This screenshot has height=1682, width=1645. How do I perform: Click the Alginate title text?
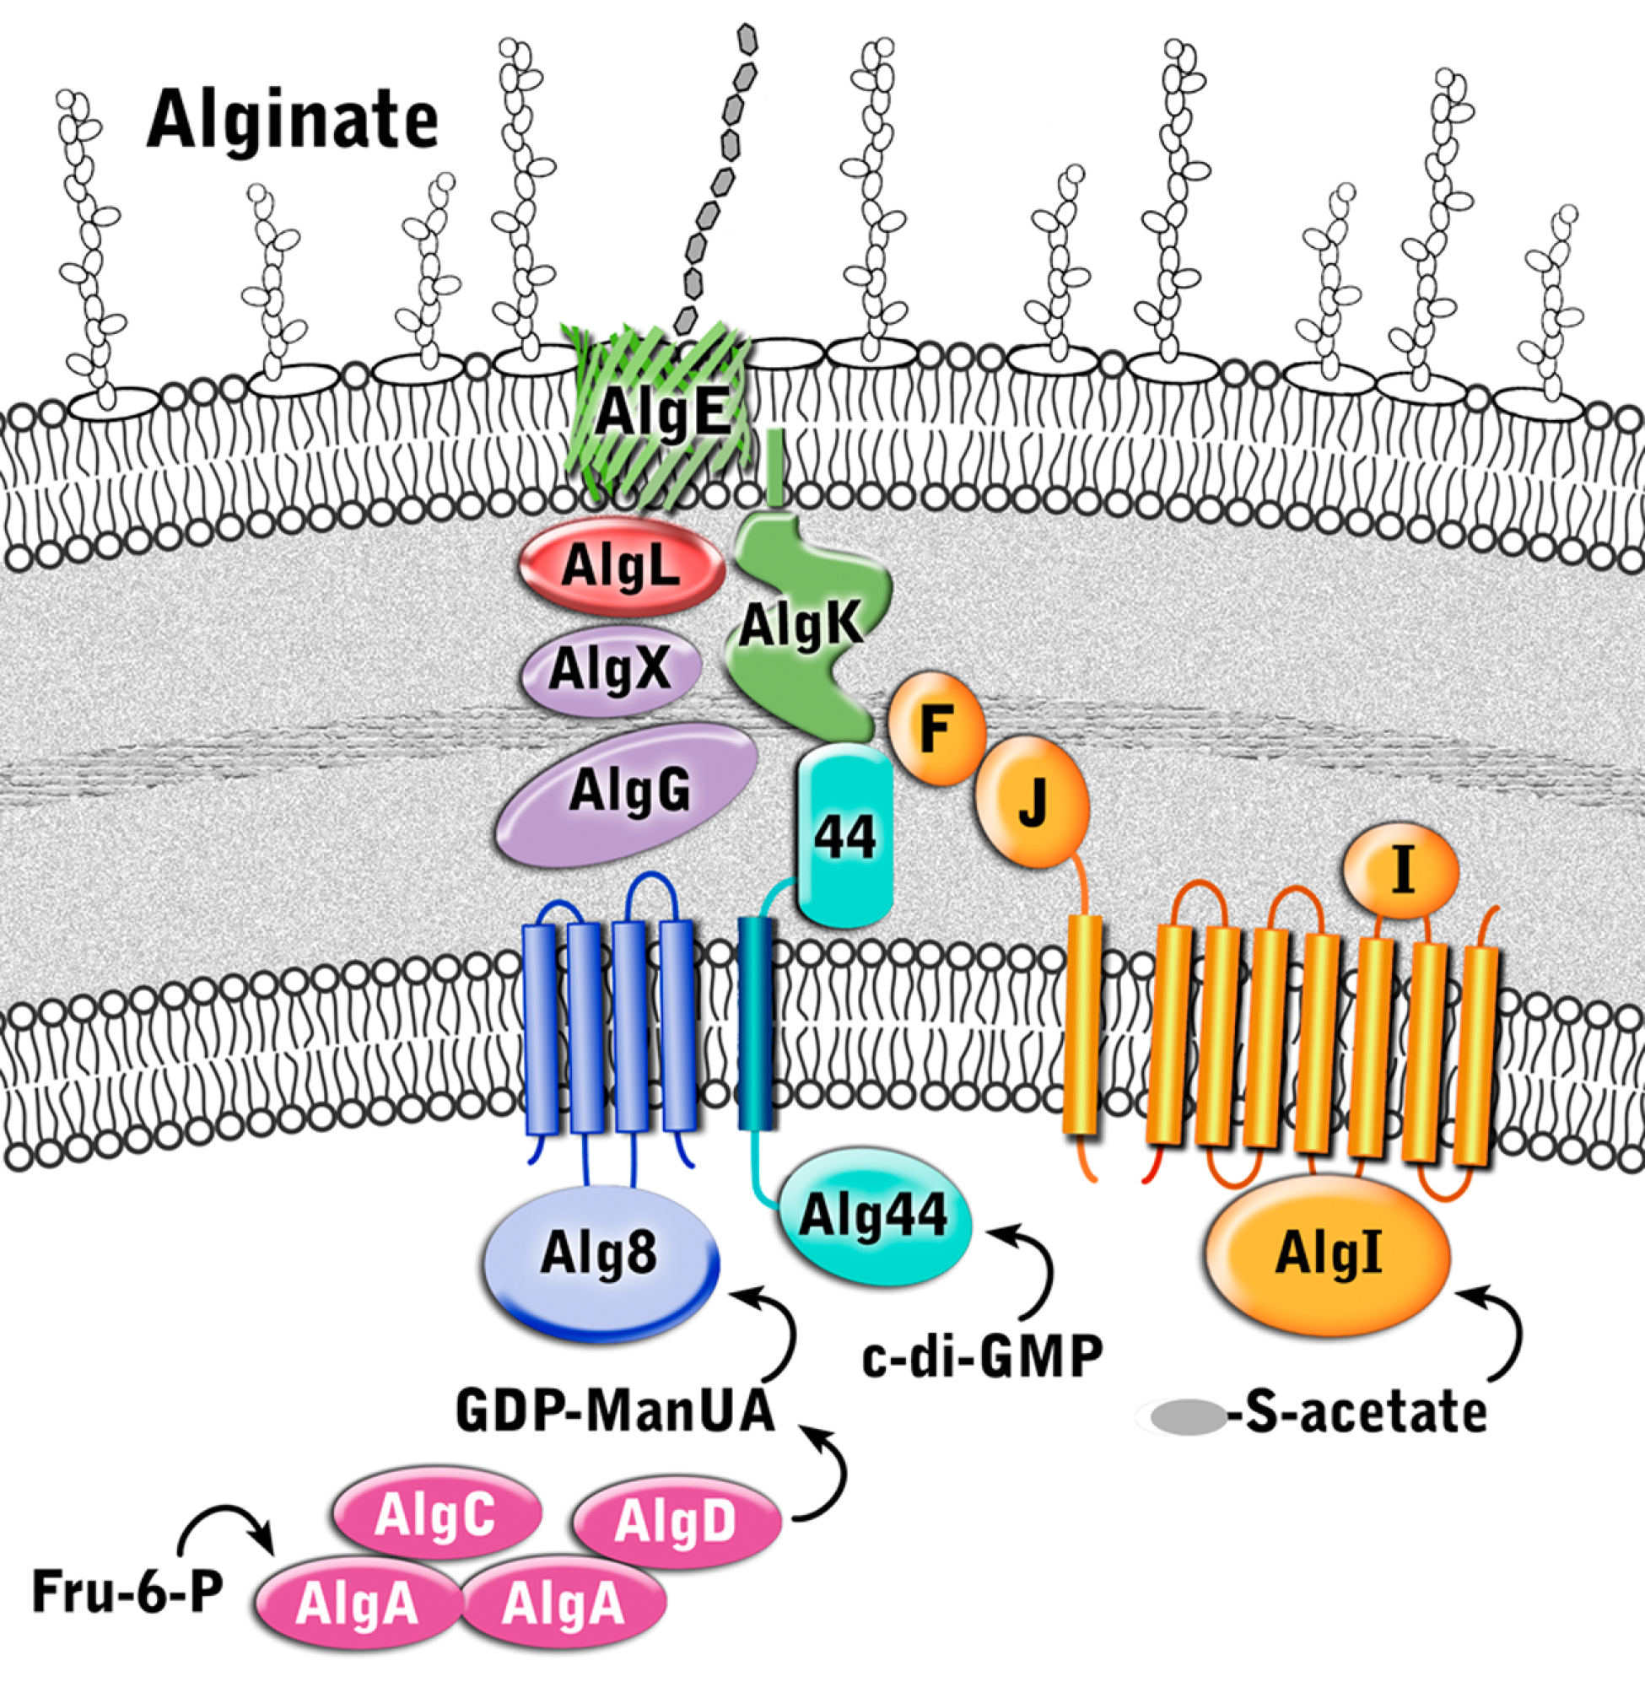pos(292,121)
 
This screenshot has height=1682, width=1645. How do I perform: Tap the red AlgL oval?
pos(621,568)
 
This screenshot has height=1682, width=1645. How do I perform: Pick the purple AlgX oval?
pos(610,670)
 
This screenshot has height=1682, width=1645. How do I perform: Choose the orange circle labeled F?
pos(936,730)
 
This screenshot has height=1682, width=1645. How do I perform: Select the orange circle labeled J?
pos(1033,803)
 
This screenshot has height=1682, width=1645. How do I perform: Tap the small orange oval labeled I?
pos(1400,873)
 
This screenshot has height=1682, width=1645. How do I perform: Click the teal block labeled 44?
pos(845,836)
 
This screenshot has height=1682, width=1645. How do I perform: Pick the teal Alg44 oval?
pos(873,1216)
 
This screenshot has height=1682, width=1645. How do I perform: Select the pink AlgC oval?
pos(435,1514)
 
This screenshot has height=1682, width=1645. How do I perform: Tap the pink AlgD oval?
pos(676,1523)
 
